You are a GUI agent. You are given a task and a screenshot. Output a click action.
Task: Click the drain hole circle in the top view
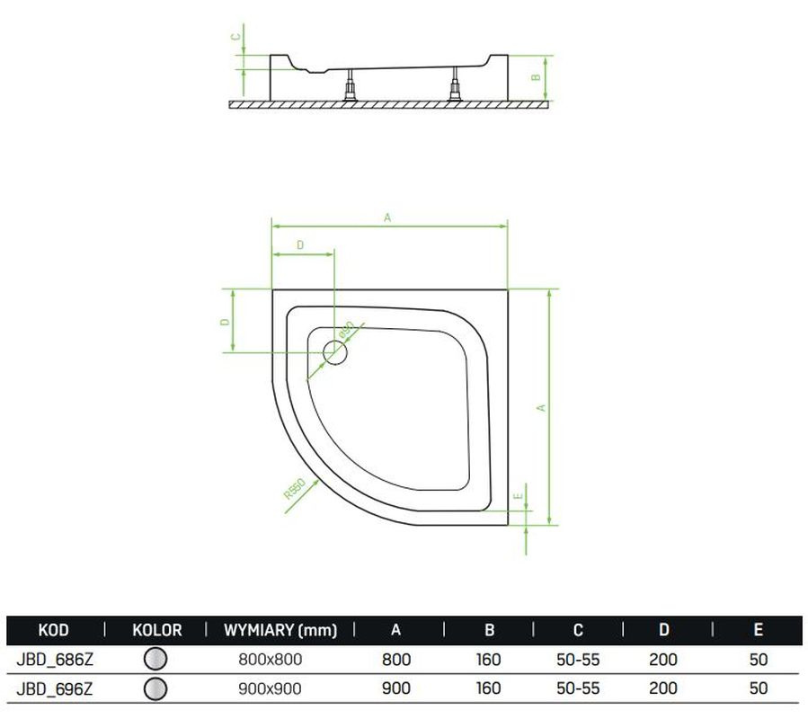[x=335, y=352]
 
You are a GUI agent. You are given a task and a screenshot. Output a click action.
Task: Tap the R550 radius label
[x=295, y=489]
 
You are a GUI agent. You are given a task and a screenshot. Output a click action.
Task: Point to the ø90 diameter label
[x=347, y=330]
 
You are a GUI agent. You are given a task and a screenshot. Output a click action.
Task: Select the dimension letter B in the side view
[x=536, y=77]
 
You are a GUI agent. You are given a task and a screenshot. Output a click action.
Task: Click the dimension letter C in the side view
[x=235, y=37]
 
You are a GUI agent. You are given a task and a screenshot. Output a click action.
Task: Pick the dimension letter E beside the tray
[x=519, y=496]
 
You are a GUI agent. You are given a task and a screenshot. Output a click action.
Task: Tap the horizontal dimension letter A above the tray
[x=387, y=217]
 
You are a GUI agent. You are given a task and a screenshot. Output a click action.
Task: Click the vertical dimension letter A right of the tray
[x=541, y=408]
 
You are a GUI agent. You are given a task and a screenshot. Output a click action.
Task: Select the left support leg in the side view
[x=351, y=85]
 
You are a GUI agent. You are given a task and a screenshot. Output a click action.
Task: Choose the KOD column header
[x=53, y=630]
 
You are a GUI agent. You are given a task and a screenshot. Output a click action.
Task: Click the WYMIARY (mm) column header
[x=280, y=630]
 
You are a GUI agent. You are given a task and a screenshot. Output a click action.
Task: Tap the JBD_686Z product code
[x=55, y=660]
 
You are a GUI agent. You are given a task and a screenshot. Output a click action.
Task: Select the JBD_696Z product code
[x=55, y=689]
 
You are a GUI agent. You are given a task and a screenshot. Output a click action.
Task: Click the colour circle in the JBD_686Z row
[x=155, y=659]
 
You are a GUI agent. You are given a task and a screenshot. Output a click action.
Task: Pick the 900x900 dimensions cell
[x=270, y=689]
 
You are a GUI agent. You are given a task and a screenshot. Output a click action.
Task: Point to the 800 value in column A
[x=396, y=660]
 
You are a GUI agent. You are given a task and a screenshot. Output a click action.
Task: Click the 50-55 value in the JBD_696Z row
[x=578, y=688]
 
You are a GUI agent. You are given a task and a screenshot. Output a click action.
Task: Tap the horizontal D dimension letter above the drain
[x=300, y=244]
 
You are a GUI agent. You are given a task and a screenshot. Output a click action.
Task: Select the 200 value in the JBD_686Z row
[x=663, y=660]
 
